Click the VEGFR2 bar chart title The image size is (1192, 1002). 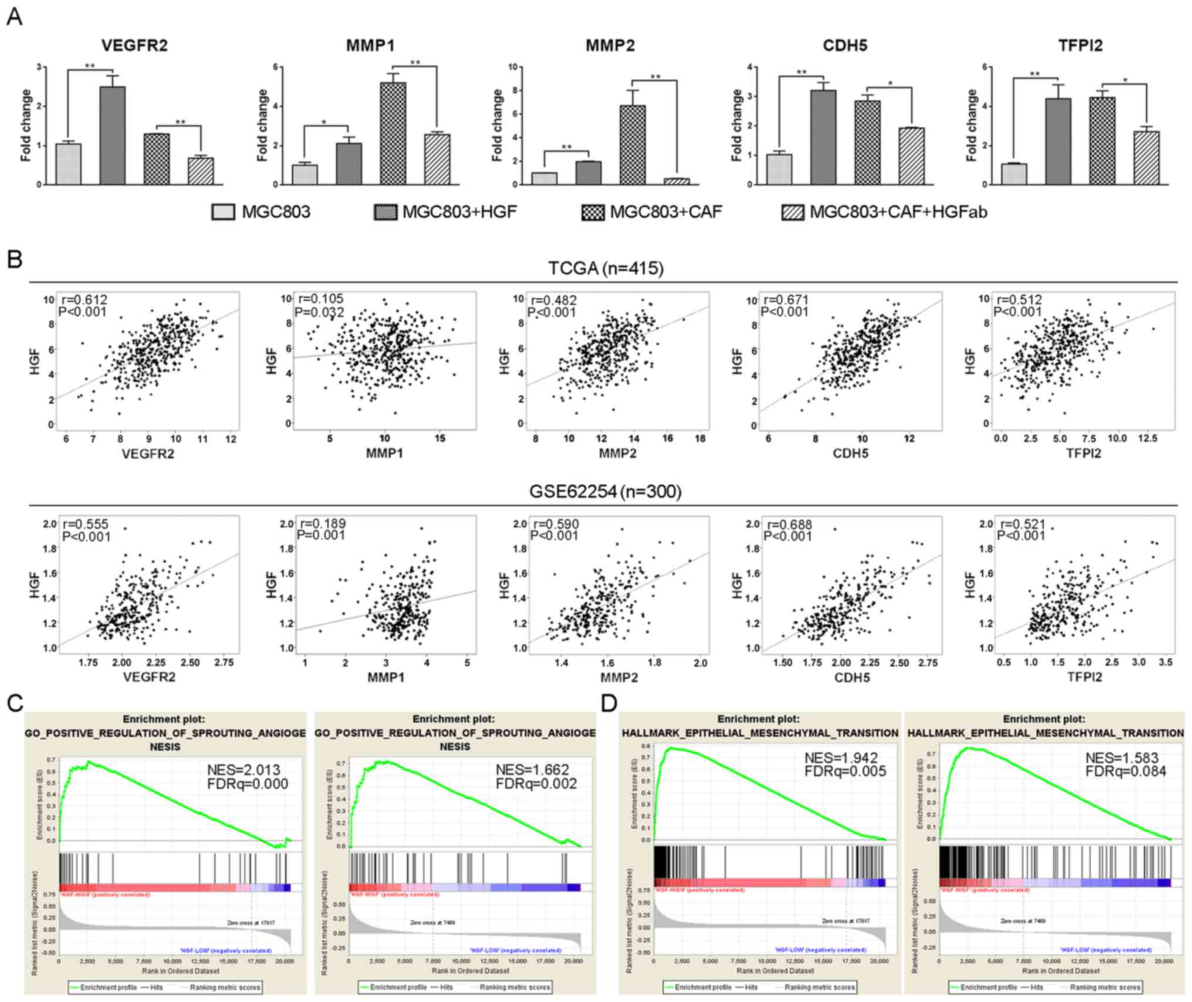pos(134,46)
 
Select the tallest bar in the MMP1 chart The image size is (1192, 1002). pos(393,133)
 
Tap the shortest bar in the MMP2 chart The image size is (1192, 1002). pos(677,181)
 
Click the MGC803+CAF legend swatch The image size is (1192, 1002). pos(593,212)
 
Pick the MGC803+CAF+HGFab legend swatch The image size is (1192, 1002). pos(793,212)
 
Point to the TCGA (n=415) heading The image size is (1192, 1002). pos(606,268)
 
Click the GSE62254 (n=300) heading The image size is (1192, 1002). pos(606,491)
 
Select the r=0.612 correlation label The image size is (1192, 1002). pos(85,300)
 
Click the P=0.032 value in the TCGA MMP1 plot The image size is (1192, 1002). pos(320,311)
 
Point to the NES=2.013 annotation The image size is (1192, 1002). pos(244,769)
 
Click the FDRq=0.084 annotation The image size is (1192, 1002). pos(1126,771)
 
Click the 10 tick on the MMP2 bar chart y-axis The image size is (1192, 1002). pos(512,67)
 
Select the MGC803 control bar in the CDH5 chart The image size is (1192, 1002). pos(779,169)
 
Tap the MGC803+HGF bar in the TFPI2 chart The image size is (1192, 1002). pos(1058,142)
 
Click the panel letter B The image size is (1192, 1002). pos(15,259)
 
